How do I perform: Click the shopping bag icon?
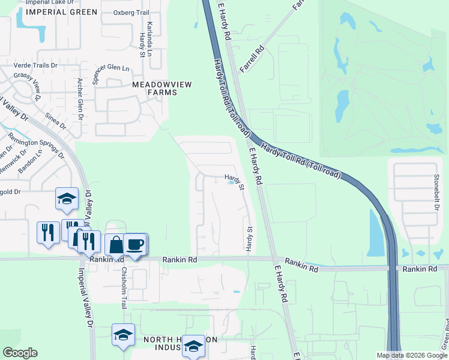click(x=115, y=245)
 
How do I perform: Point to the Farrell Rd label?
click(x=252, y=58)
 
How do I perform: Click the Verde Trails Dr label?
click(x=36, y=65)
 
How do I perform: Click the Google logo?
click(x=20, y=353)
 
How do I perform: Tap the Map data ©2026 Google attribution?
click(x=412, y=355)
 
